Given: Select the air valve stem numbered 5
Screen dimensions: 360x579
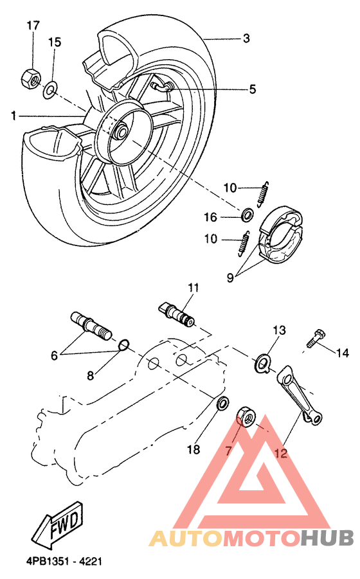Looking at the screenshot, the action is point(162,86).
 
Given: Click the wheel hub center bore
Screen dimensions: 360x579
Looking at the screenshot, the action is point(120,130).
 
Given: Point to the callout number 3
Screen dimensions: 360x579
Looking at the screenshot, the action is point(246,38).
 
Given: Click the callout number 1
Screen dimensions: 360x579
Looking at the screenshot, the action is point(14,116).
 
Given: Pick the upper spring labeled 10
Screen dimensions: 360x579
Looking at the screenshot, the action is point(262,195).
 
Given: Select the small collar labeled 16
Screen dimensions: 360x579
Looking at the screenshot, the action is point(247,215).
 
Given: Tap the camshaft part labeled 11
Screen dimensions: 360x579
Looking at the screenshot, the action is point(177,314).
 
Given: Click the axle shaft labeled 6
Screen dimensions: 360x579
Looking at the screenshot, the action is point(91,325).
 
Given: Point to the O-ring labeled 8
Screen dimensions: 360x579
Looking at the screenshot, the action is point(123,345).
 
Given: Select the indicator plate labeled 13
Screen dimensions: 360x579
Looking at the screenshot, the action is point(262,363).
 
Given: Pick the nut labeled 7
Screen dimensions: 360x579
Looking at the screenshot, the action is point(246,416).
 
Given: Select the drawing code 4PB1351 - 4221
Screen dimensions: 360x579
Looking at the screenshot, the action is point(64,562).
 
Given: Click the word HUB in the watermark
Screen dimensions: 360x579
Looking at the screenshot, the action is point(327,539).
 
